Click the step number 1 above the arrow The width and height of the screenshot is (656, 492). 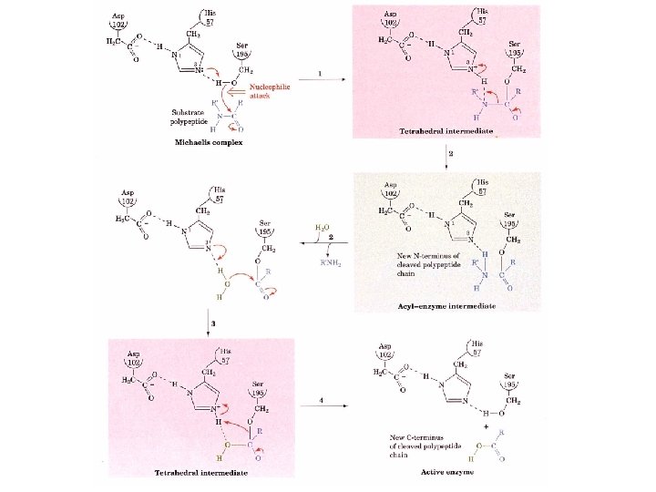pyautogui.click(x=319, y=72)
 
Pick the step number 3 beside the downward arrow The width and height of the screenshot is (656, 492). pyautogui.click(x=212, y=323)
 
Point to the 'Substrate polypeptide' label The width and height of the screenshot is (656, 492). pyautogui.click(x=192, y=117)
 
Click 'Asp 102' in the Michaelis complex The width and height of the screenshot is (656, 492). pyautogui.click(x=119, y=22)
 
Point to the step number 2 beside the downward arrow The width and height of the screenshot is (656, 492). pyautogui.click(x=453, y=156)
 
